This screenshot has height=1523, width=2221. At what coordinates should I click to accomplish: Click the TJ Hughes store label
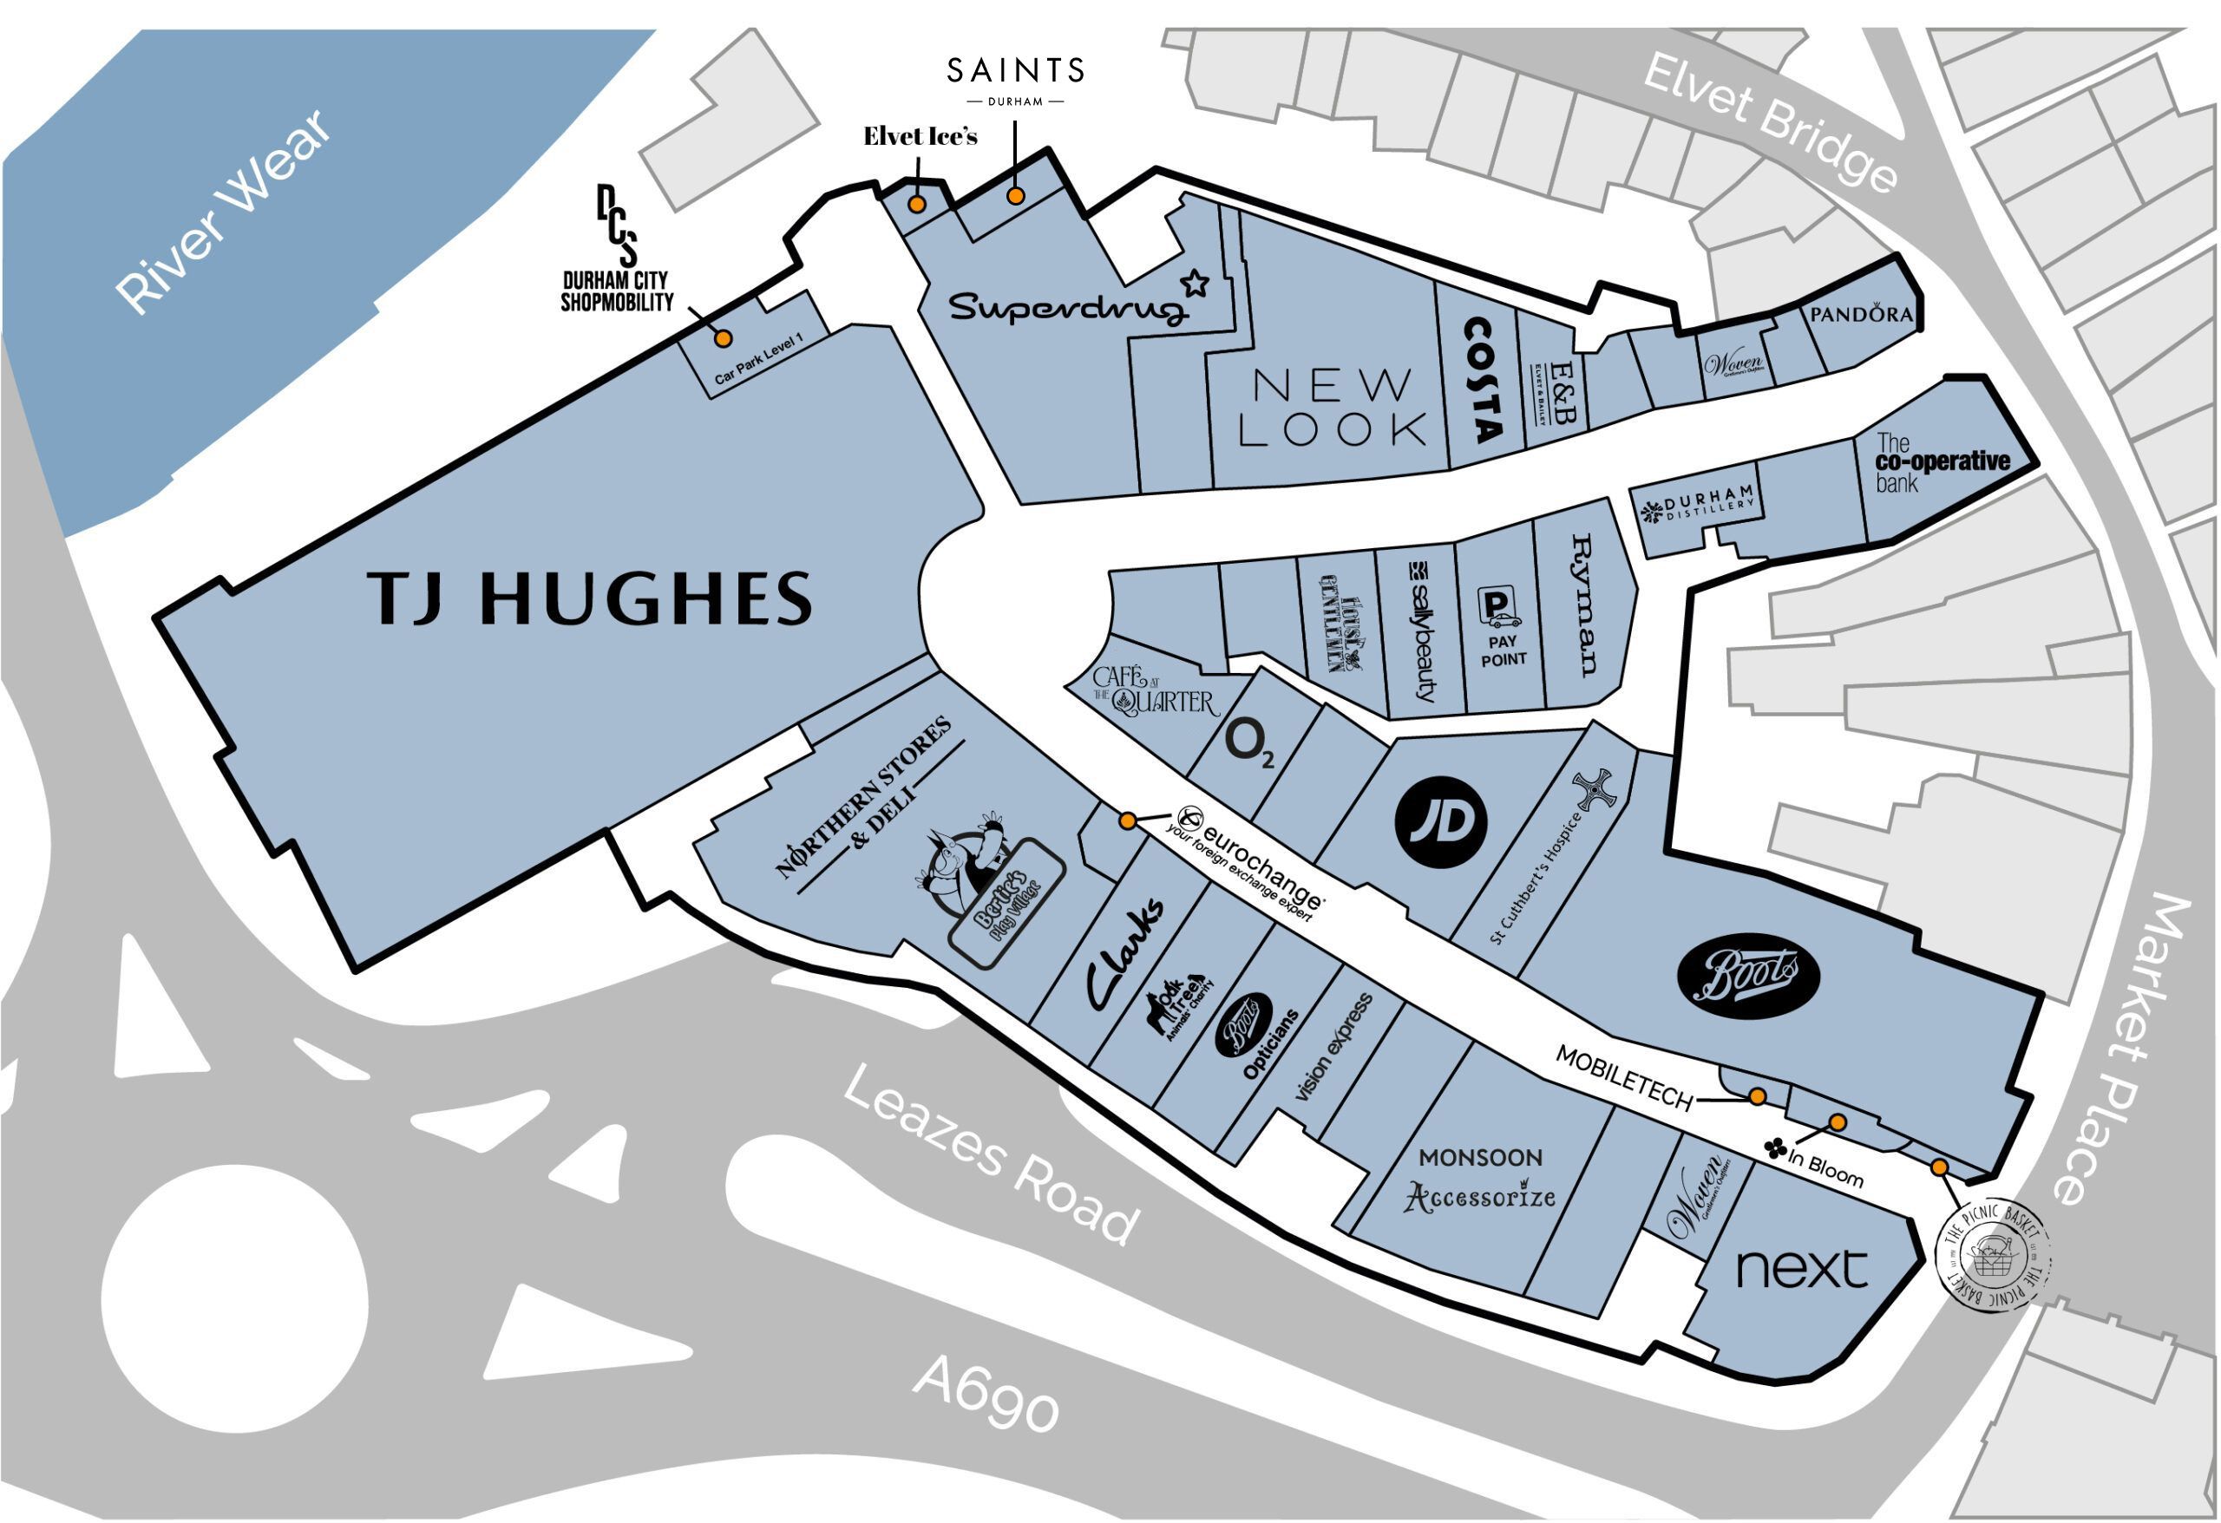coord(589,599)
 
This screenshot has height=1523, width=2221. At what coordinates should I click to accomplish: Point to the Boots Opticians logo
coord(1242,1025)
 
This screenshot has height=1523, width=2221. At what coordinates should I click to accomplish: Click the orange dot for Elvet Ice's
coord(915,205)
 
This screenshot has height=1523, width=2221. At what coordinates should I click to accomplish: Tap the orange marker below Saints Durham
coord(1016,196)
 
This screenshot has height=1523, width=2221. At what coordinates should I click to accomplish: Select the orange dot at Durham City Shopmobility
coord(724,338)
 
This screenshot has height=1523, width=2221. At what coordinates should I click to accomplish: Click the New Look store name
coord(1333,409)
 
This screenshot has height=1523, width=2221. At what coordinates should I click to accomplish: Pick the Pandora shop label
coord(1861,313)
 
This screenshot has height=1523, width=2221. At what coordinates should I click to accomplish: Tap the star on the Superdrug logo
coord(1195,283)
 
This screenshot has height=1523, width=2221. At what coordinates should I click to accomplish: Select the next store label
coord(1800,1269)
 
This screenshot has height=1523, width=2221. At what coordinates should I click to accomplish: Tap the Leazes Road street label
coord(990,1155)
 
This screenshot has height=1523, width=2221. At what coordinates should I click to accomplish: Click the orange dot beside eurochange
coord(1128,820)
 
